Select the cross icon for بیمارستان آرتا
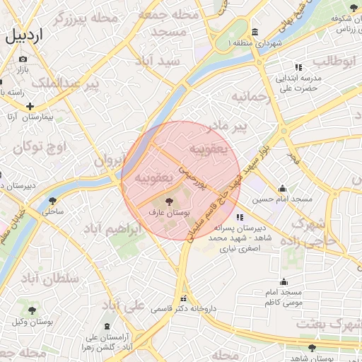click(x=30, y=106)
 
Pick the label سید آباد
click(x=161, y=62)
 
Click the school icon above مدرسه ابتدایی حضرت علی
click(x=298, y=67)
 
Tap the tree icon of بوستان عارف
click(x=168, y=202)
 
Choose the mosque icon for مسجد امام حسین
click(x=283, y=188)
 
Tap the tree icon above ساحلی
click(x=54, y=201)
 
